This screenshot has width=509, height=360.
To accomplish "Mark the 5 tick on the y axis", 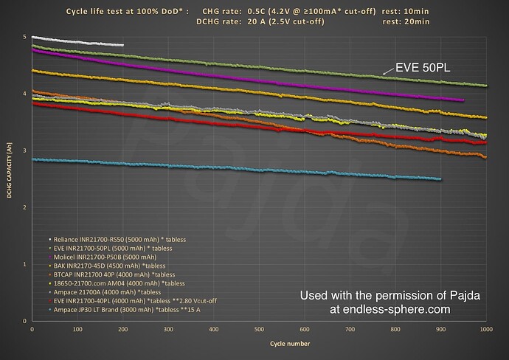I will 25,36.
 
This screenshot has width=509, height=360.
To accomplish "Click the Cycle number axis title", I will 260,344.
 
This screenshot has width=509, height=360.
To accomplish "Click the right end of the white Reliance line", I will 123,46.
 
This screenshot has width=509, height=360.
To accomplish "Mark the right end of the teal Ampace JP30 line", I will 440,179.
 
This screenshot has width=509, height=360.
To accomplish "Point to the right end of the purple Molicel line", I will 463,100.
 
